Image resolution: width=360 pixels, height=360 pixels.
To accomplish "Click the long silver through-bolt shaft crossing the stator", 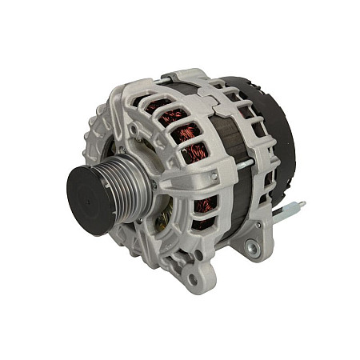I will click(x=240, y=165).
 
